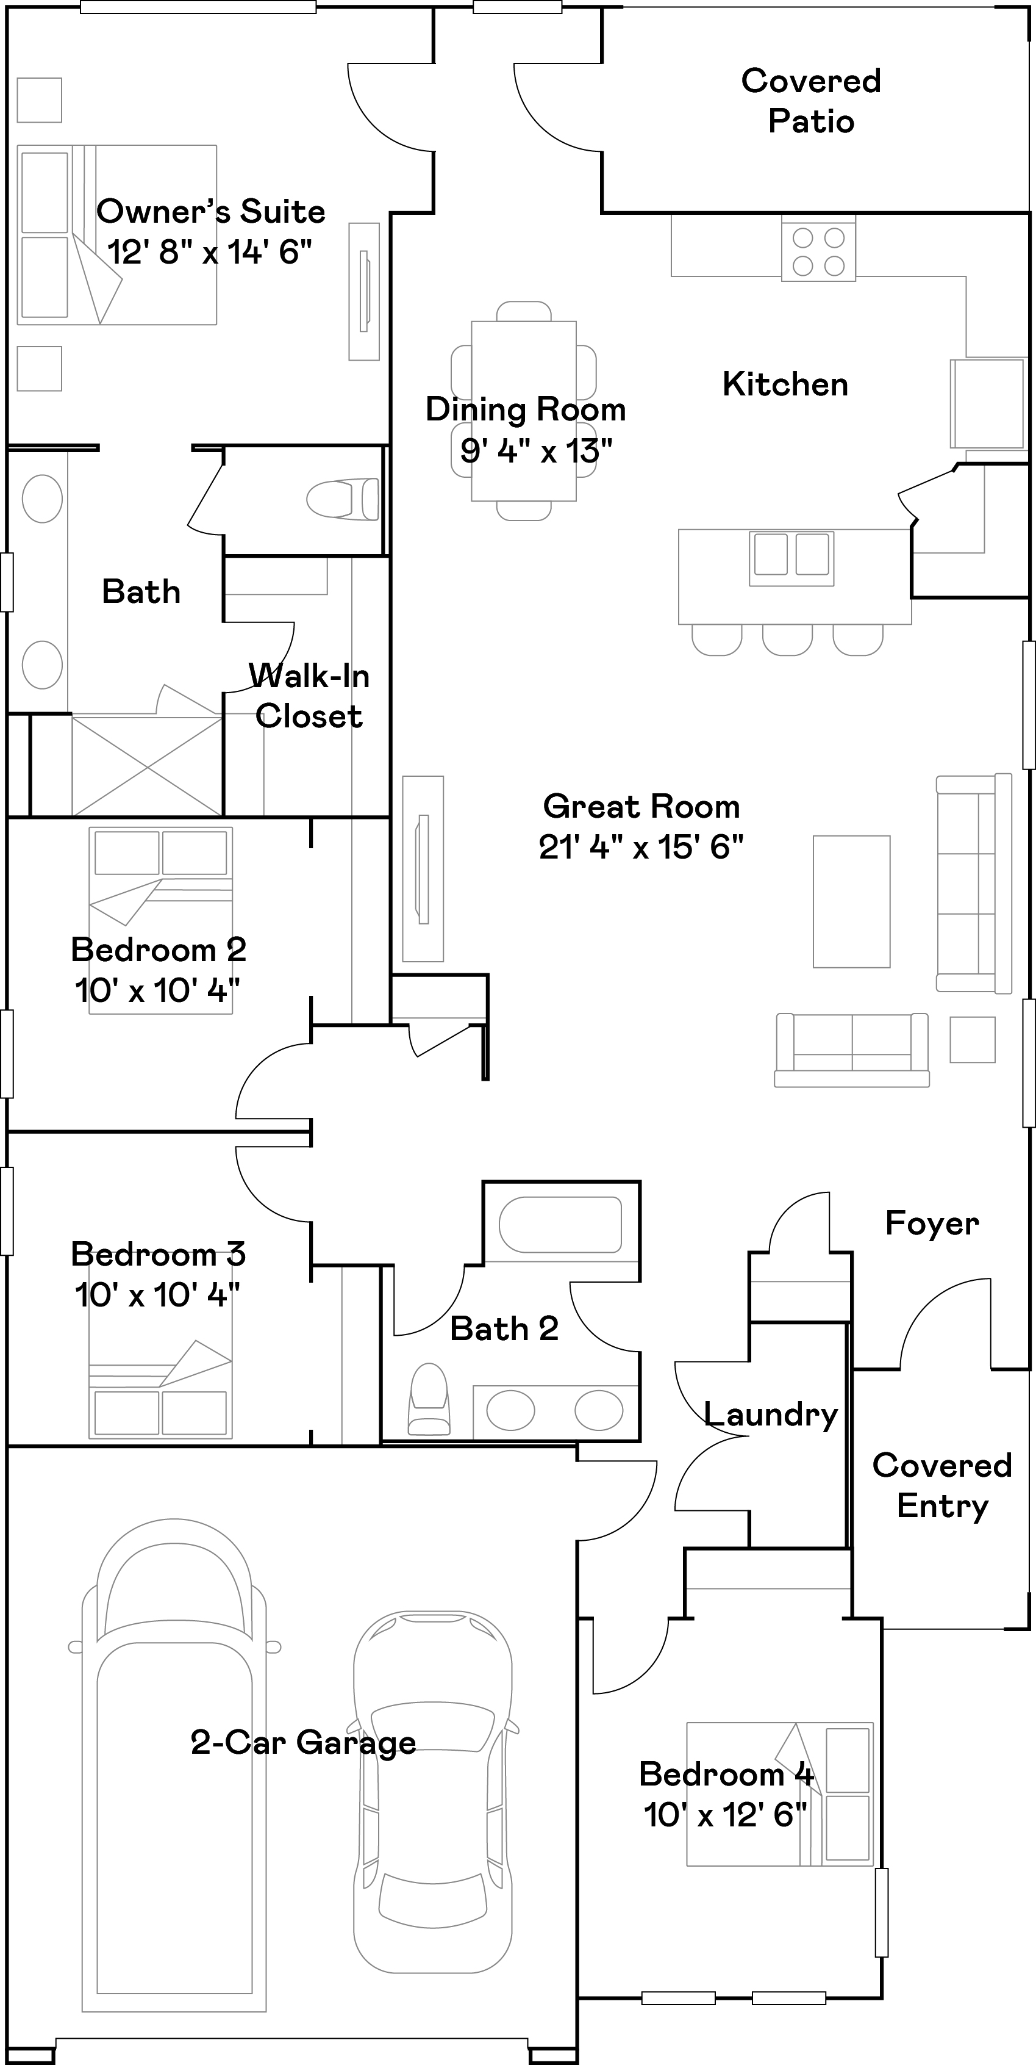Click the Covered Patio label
[x=811, y=101]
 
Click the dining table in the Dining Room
[x=524, y=411]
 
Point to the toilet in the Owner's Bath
[x=343, y=499]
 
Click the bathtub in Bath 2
[x=560, y=1224]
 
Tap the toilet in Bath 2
[x=429, y=1399]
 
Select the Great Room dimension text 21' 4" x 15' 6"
[x=641, y=848]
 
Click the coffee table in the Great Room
[x=851, y=902]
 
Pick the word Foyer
[x=932, y=1224]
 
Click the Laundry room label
[x=771, y=1415]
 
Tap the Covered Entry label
[x=942, y=1485]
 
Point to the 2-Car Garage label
[x=303, y=1742]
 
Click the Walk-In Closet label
[x=309, y=696]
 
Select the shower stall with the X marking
[x=146, y=767]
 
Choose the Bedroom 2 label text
[x=158, y=950]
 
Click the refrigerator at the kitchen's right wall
[x=988, y=402]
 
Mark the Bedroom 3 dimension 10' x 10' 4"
[x=157, y=1296]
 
